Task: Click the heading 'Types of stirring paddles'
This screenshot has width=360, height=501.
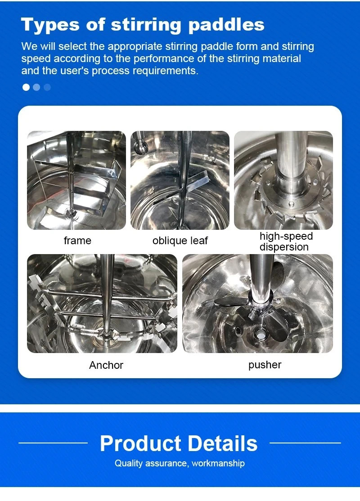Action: pos(143,25)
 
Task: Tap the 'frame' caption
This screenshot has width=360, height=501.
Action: pos(77,241)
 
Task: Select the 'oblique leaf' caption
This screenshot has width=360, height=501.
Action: pos(180,241)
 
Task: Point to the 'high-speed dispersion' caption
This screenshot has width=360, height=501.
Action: pos(286,242)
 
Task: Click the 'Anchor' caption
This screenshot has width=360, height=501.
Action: pos(106,365)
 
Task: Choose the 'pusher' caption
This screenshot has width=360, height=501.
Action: pos(265,365)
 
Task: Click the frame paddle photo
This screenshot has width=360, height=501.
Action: pos(76,180)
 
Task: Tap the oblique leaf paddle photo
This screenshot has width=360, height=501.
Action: pos(180,180)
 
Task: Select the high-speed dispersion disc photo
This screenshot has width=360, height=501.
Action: pos(283,180)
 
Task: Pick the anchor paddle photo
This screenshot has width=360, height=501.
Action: pos(102,304)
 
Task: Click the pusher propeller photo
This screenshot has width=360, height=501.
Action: pos(258,304)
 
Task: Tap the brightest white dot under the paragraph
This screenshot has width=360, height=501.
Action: pos(26,87)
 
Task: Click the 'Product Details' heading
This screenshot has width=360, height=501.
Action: pos(179,443)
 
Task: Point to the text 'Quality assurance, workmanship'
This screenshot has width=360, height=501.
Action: pos(180,463)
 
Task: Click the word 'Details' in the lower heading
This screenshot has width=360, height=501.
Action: pos(223,443)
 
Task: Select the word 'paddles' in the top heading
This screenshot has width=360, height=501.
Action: pos(226,25)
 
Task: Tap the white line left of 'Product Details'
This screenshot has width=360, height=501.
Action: pos(53,443)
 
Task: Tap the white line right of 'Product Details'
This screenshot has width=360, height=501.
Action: pos(305,443)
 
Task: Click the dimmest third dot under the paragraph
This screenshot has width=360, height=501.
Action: pos(47,87)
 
